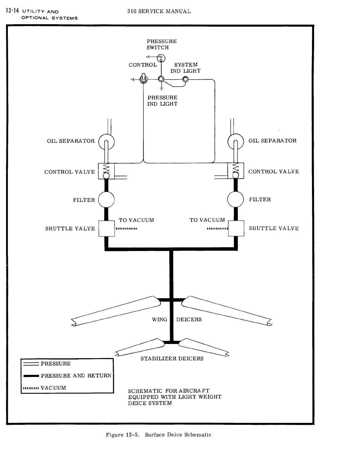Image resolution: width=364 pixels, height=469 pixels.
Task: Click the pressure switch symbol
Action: tap(161, 58)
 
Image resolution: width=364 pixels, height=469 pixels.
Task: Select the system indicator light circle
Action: tap(185, 79)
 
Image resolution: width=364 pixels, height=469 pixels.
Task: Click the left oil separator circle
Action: tap(107, 141)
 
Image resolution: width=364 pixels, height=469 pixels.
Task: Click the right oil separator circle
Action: tap(235, 141)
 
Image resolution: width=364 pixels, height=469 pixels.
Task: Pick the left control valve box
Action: tap(106, 171)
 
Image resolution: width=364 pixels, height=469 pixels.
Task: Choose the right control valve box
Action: tap(236, 170)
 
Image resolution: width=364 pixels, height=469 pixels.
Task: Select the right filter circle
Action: tap(235, 200)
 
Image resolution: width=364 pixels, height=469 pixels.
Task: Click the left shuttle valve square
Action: tap(107, 228)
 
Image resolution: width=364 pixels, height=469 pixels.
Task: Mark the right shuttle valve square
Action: tap(236, 228)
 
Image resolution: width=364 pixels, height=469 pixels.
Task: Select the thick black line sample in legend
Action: tap(31, 376)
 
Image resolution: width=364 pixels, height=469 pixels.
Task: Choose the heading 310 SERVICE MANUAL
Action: tap(159, 12)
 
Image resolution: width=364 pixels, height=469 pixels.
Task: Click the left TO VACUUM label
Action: tap(136, 220)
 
